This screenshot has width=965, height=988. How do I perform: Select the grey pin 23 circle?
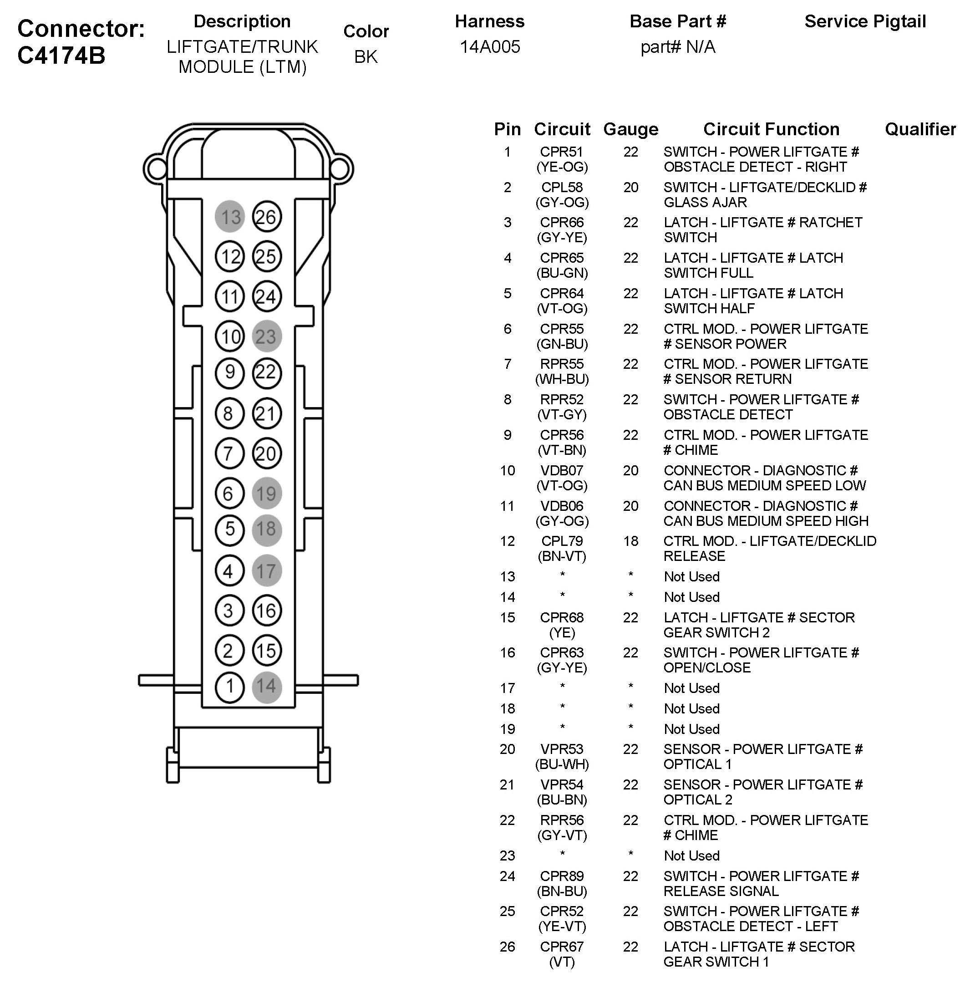pos(267,336)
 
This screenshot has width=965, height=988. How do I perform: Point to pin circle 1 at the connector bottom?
pos(229,687)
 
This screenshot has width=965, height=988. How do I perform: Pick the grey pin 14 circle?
pos(267,687)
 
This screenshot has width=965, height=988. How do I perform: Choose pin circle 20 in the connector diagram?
pos(267,453)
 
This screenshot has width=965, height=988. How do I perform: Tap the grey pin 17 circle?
pos(267,571)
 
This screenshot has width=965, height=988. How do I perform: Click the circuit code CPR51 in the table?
pos(562,152)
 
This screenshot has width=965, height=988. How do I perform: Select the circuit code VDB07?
pos(562,470)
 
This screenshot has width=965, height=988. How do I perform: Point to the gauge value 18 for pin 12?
pos(630,541)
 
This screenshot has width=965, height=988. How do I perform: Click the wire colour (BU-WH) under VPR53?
pos(562,764)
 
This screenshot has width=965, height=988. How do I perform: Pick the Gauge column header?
pos(630,129)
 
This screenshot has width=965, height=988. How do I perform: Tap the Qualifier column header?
pos(920,129)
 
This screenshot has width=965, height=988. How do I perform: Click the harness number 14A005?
pos(490,46)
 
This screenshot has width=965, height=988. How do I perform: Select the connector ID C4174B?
pos(61,55)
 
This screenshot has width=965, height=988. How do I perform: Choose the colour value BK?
pos(366,56)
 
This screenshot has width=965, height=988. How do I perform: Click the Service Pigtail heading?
pos(865,21)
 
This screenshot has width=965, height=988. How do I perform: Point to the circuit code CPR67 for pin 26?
pos(562,947)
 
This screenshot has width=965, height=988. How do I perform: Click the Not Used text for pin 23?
pos(691,856)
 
